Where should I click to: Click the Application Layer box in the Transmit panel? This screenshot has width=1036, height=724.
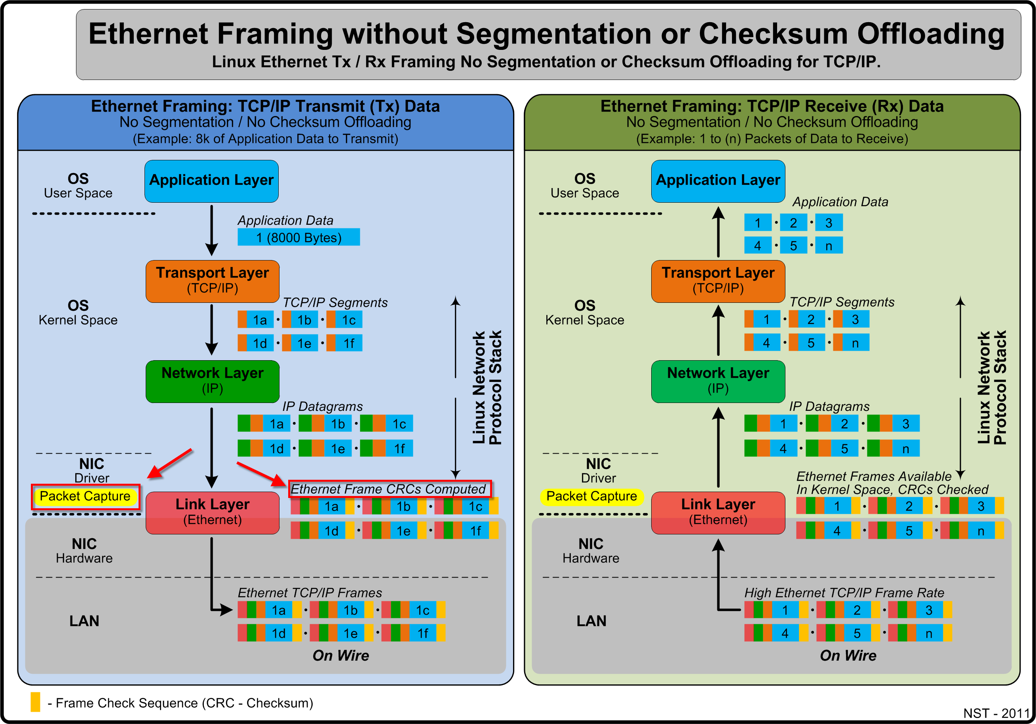(x=211, y=181)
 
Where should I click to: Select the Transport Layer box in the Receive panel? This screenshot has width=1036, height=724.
(x=717, y=281)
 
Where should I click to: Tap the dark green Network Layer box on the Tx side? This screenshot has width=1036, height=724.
(x=212, y=381)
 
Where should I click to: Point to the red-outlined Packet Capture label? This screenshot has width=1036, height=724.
(x=85, y=496)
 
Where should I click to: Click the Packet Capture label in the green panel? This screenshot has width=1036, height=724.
(x=591, y=496)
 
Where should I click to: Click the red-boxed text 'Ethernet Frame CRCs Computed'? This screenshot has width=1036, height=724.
(x=389, y=489)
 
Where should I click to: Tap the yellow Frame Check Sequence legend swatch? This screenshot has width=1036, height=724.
(x=35, y=702)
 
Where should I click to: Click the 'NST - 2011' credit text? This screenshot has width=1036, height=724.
(x=996, y=713)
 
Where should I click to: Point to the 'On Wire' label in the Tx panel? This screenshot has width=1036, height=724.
(x=341, y=656)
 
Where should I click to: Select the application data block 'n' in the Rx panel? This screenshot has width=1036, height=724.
(x=829, y=246)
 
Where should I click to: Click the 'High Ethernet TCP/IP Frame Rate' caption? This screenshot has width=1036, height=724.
(x=844, y=593)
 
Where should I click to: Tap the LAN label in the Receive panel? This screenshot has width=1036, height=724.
(x=591, y=621)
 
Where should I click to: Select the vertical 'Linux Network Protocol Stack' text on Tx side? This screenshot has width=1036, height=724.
(x=487, y=388)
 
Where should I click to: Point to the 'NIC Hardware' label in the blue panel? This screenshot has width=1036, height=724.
(x=84, y=550)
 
